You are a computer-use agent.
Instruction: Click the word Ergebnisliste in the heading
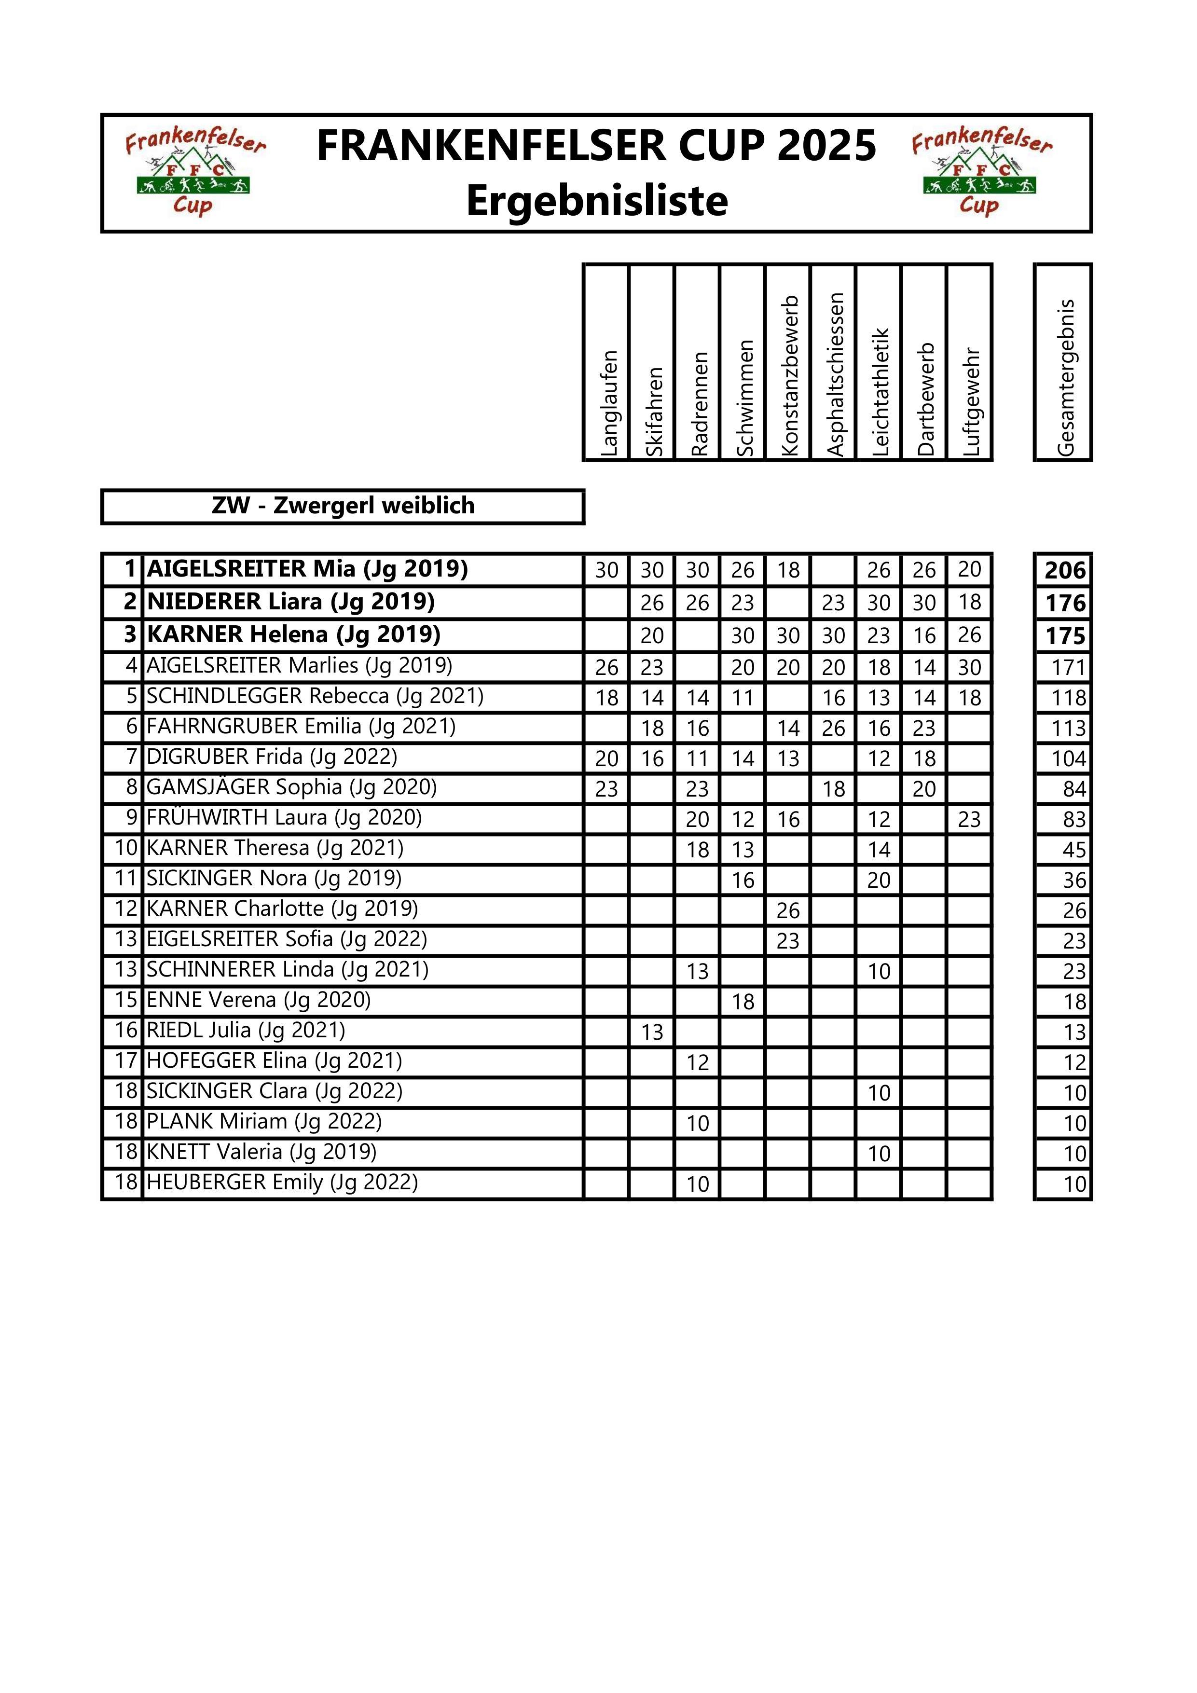pyautogui.click(x=597, y=201)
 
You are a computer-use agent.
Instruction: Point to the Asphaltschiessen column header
pyautogui.click(x=834, y=374)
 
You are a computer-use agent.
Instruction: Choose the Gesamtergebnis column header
pyautogui.click(x=1064, y=377)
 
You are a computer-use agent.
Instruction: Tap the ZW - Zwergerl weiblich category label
pyautogui.click(x=343, y=506)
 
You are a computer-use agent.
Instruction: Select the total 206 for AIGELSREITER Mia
pyautogui.click(x=1065, y=570)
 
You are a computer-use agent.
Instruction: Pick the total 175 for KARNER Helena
pyautogui.click(x=1065, y=635)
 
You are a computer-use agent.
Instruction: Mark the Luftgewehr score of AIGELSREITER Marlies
pyautogui.click(x=969, y=667)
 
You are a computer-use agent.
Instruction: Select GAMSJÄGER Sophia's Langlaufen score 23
pyautogui.click(x=606, y=789)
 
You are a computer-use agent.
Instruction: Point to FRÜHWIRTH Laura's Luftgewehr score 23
pyautogui.click(x=969, y=819)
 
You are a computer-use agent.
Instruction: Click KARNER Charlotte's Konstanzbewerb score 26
pyautogui.click(x=788, y=910)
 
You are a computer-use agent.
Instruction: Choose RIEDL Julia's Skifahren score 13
pyautogui.click(x=652, y=1032)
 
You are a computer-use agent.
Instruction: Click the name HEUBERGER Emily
pyautogui.click(x=282, y=1182)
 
